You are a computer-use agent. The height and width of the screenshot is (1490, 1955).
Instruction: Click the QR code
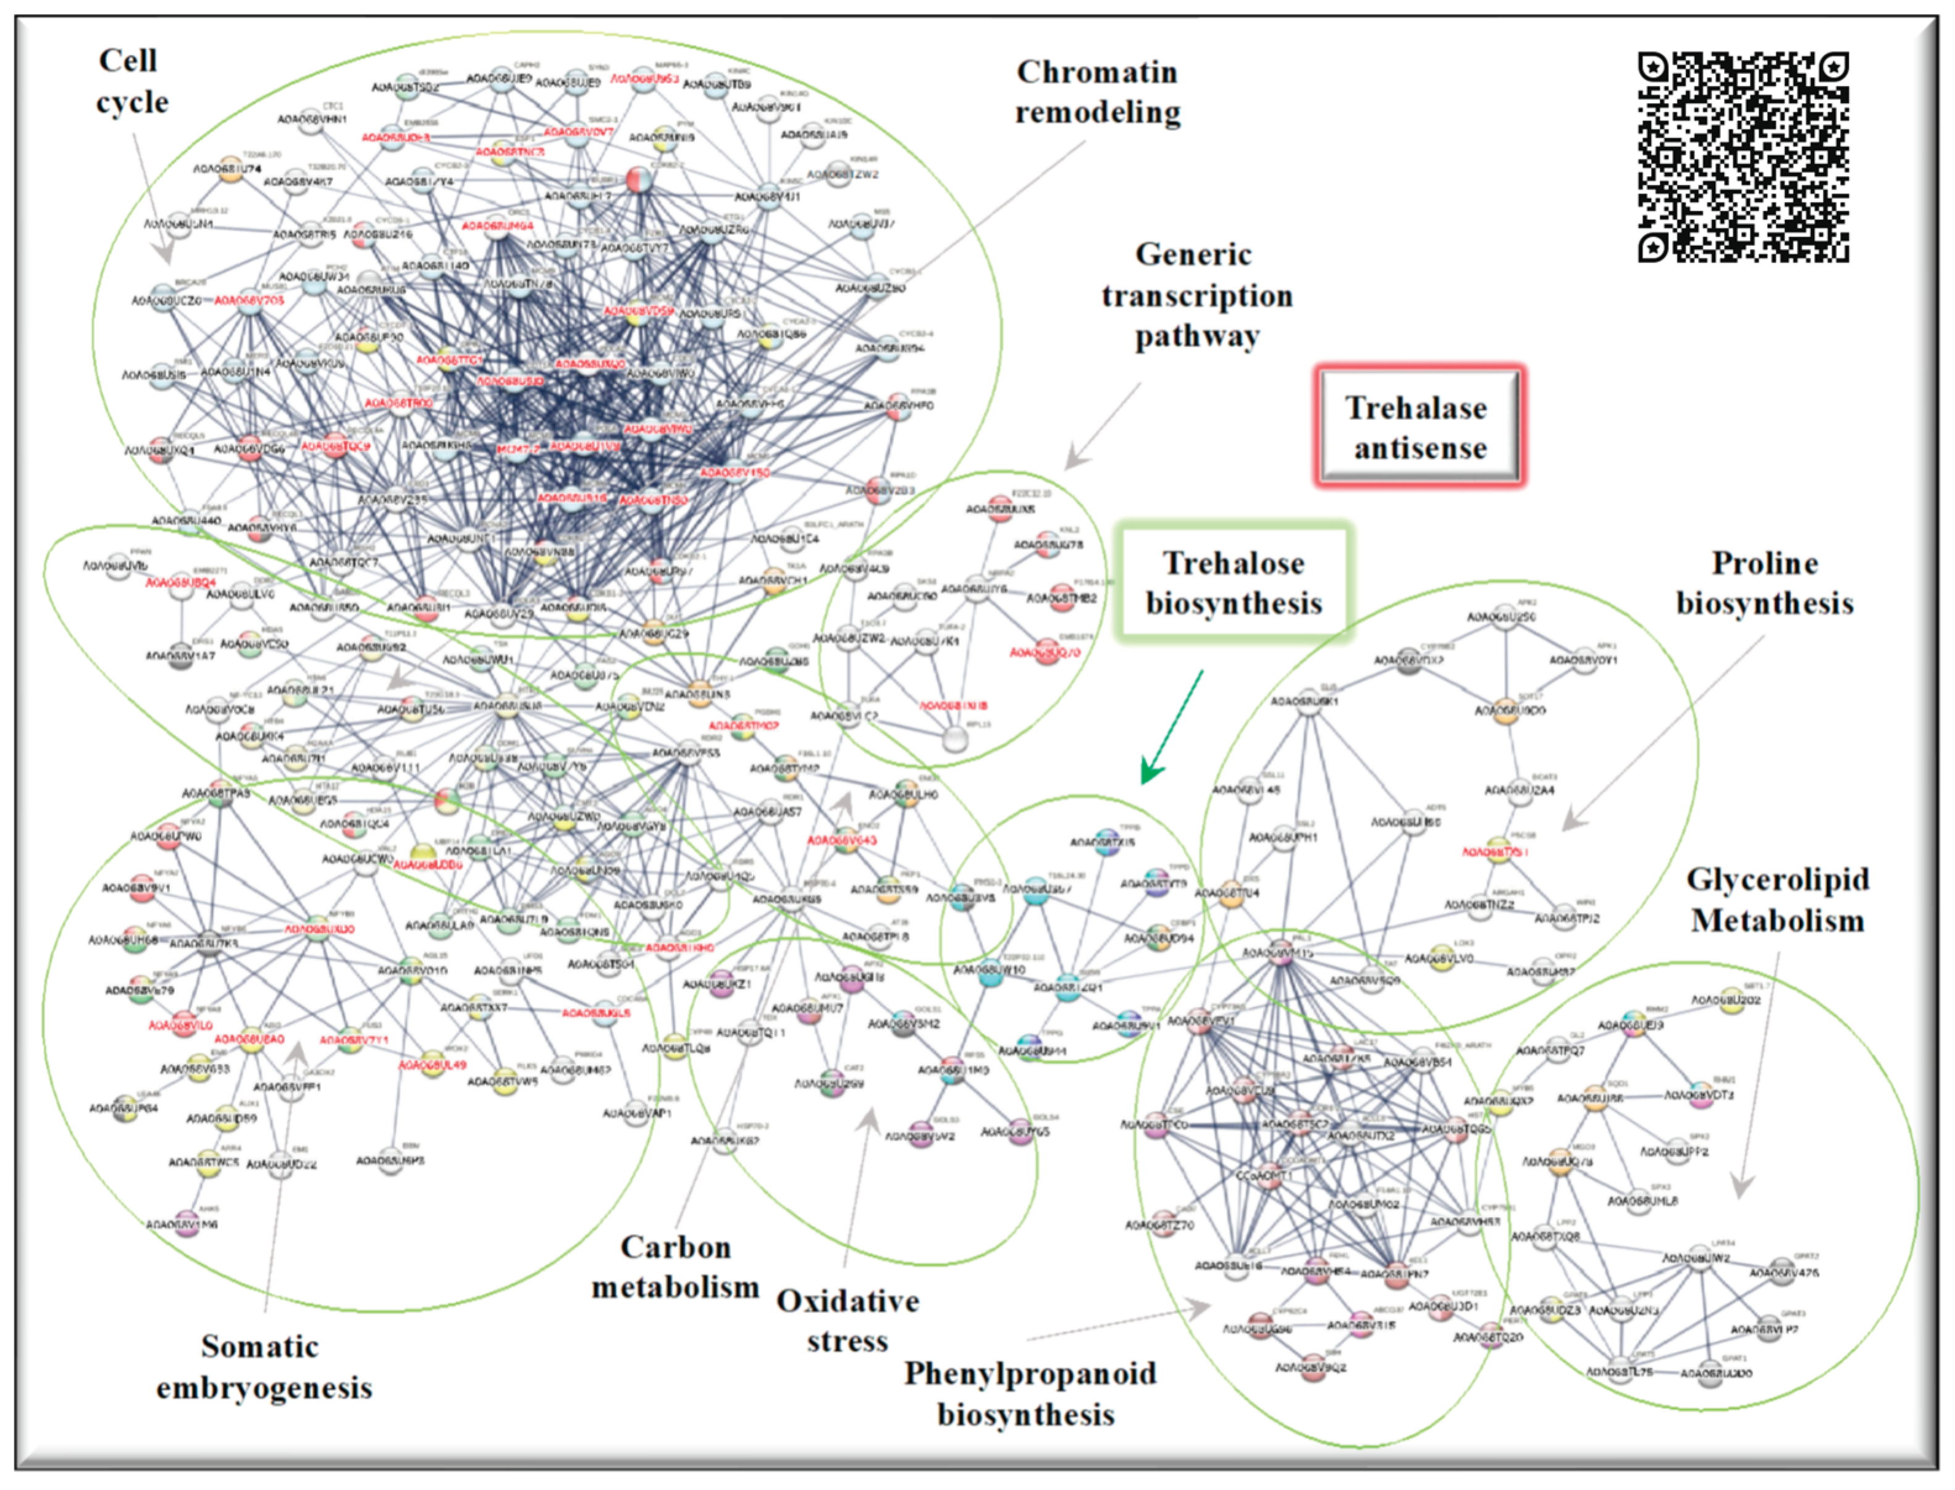[1743, 157]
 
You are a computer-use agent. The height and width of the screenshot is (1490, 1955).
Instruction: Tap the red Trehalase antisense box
[1419, 427]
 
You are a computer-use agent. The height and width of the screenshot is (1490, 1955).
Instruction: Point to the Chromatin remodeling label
[1097, 92]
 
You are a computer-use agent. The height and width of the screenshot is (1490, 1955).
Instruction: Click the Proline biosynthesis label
[1764, 583]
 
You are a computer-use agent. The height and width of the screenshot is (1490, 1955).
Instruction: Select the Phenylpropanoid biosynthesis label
[1029, 1393]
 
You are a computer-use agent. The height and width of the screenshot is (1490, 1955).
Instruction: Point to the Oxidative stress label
[847, 1321]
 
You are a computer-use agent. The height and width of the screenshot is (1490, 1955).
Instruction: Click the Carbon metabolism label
[675, 1266]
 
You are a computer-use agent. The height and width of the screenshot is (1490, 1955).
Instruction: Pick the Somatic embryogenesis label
[263, 1367]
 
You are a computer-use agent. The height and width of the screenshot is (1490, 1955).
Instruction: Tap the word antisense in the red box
[1420, 448]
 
